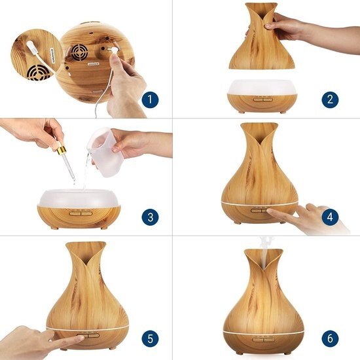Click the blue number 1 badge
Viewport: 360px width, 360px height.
pos(150,99)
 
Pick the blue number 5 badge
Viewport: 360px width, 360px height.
pos(150,338)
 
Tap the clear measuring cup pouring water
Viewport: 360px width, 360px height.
pos(105,151)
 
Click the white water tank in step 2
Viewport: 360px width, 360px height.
pos(262,88)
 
